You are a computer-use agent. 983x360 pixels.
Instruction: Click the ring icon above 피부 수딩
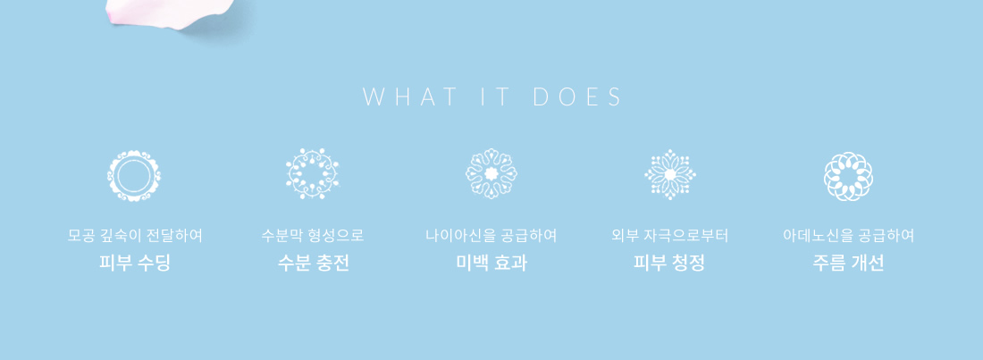tap(133, 176)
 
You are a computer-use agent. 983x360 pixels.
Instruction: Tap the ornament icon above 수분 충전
tap(312, 173)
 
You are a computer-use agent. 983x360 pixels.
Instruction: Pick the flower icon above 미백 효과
tap(491, 173)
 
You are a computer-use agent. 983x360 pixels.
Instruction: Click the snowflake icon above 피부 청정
tap(670, 174)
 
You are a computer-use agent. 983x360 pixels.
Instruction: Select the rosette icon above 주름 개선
tap(848, 176)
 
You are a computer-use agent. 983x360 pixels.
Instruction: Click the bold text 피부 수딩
tap(135, 263)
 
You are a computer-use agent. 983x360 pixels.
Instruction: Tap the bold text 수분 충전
tap(313, 263)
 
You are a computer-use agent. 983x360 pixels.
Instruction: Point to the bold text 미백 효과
tap(491, 263)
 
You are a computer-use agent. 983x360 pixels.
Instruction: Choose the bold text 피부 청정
tap(669, 263)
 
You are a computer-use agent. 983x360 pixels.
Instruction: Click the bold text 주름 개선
tap(848, 263)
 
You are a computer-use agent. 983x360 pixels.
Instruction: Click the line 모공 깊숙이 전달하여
tap(135, 236)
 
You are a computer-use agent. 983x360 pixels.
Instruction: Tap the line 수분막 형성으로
tap(313, 236)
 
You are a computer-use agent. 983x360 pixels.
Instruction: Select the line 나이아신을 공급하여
tap(491, 236)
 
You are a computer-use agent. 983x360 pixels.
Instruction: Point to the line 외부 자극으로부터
tap(669, 236)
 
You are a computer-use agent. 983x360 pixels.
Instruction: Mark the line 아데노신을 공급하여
tap(848, 236)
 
